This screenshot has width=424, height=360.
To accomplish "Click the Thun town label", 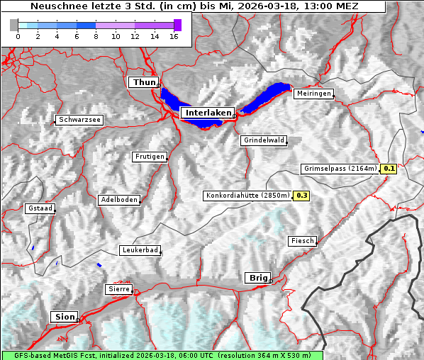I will click(144, 83).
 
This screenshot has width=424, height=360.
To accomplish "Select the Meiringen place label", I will click(313, 94).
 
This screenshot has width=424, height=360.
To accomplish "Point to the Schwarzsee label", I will click(80, 120).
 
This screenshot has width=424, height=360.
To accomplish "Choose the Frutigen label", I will click(150, 157).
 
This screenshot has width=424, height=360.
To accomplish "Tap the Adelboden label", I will click(119, 200).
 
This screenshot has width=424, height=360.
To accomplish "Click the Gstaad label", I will click(40, 208).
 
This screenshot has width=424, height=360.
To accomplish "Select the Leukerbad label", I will click(140, 250).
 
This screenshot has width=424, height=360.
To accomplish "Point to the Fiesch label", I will click(302, 241).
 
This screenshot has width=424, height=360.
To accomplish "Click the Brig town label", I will click(257, 278).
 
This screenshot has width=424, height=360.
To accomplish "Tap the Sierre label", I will click(118, 289).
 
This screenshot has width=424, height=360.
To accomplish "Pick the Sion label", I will click(64, 317).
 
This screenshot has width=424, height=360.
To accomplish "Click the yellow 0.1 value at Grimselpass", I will click(389, 169).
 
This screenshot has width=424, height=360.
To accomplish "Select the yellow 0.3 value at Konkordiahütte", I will click(302, 195).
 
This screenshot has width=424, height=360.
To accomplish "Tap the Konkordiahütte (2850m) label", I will click(247, 195).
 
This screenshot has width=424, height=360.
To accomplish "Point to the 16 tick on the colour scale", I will click(174, 36).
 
